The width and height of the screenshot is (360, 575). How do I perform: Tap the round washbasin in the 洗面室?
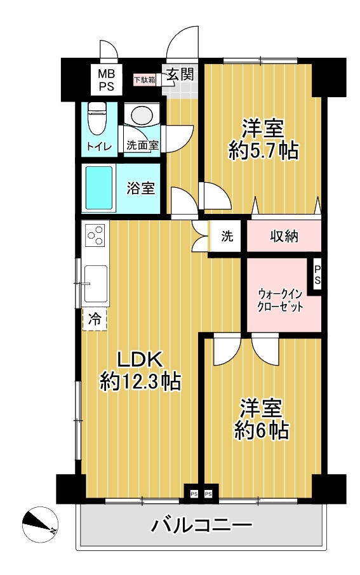(x=142, y=115)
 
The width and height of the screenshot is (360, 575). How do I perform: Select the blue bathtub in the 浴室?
(x=98, y=188)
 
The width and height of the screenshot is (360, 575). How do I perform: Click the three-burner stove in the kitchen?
(x=95, y=235)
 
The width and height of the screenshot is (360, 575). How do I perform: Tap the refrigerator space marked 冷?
(x=95, y=319)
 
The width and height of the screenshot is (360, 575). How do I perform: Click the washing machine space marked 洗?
(x=227, y=236)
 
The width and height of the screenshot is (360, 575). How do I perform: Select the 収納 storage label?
(x=284, y=236)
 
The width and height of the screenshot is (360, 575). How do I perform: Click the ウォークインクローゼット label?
(x=281, y=300)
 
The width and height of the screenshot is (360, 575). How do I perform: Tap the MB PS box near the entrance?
(x=106, y=80)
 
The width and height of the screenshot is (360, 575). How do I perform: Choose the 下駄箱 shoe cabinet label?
(x=144, y=79)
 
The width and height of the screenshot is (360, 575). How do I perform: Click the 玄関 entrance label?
(x=180, y=74)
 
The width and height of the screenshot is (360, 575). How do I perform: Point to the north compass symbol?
(x=39, y=524)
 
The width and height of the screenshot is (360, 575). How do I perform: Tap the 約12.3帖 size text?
(x=140, y=381)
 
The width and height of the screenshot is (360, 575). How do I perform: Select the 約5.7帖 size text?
(x=263, y=150)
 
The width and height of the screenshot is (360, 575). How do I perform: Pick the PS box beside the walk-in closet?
(x=317, y=275)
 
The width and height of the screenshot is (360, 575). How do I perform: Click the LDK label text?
(x=140, y=360)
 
